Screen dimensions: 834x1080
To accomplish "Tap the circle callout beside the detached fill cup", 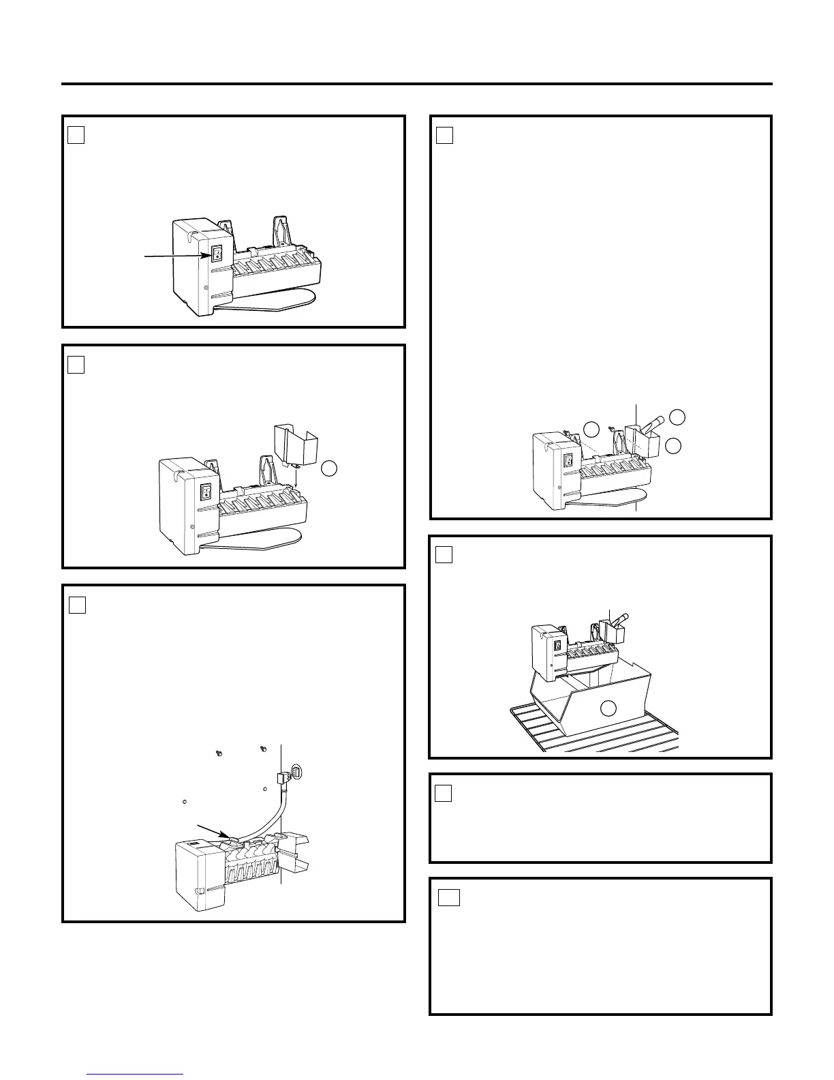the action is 329,468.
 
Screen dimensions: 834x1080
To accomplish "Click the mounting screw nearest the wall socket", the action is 263,750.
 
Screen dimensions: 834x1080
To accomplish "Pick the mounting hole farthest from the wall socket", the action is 185,801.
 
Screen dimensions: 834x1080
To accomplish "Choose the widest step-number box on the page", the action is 448,897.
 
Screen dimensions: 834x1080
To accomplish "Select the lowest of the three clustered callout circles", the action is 673,446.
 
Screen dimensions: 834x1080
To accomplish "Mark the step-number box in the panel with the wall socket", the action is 77,604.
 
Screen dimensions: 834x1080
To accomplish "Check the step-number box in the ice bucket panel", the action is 444,555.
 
